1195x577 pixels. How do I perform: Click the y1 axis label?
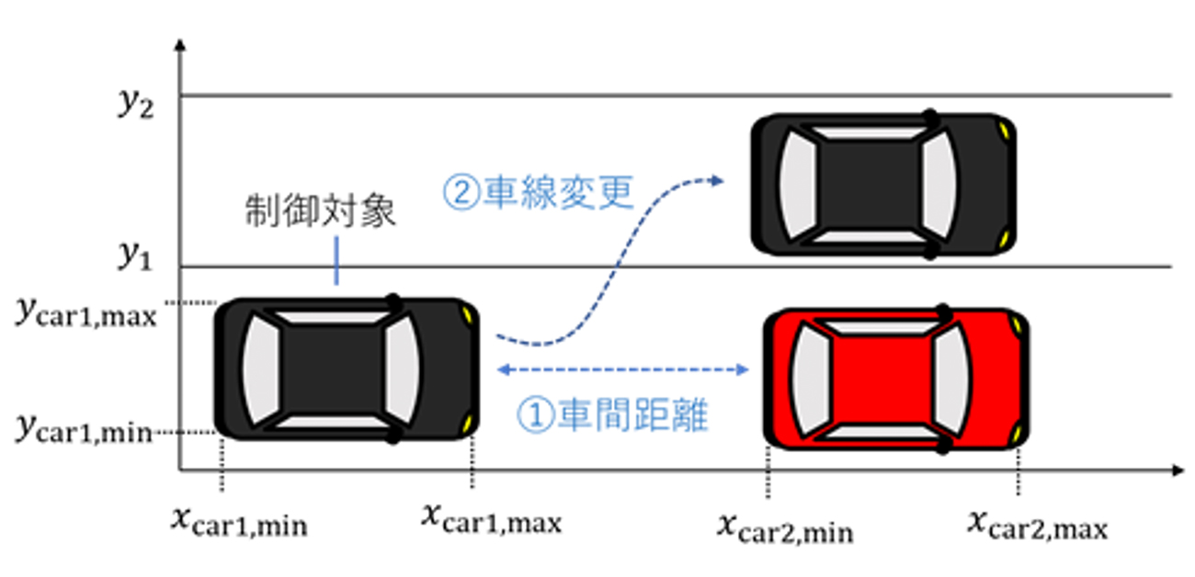point(134,258)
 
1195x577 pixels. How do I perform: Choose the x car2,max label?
point(1037,524)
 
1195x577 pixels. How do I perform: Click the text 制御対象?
point(320,211)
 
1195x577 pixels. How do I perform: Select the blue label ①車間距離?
point(613,416)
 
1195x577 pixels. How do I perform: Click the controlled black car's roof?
point(330,368)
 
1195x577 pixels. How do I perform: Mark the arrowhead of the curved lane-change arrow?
point(718,180)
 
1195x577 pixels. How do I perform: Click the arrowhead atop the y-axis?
point(180,44)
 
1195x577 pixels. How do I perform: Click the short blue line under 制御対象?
point(336,262)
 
